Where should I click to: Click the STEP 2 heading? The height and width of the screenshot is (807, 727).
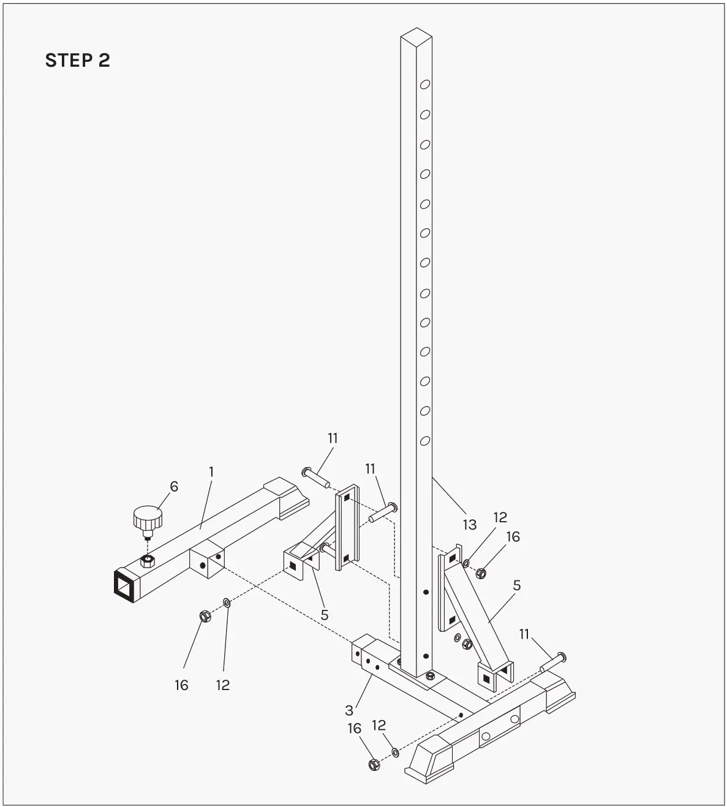coord(77,60)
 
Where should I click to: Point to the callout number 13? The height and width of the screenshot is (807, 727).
coord(469,525)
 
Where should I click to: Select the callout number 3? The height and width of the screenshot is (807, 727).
coord(349,710)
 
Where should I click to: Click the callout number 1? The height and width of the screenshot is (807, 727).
coord(211,471)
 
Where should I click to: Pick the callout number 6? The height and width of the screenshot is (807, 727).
coord(174,487)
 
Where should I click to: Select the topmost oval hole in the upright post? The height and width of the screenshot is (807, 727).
coord(424,85)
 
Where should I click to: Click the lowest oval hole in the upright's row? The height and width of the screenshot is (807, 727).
coord(424,440)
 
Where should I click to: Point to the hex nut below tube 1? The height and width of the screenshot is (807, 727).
coord(205,615)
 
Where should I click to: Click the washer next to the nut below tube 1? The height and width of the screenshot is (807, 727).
coord(227,604)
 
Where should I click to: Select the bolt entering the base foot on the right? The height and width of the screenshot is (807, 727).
coord(553,662)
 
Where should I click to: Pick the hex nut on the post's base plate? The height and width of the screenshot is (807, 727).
coord(430,675)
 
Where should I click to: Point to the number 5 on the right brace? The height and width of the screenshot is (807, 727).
coord(516,585)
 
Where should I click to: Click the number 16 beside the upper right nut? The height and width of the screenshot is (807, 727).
coord(513,536)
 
